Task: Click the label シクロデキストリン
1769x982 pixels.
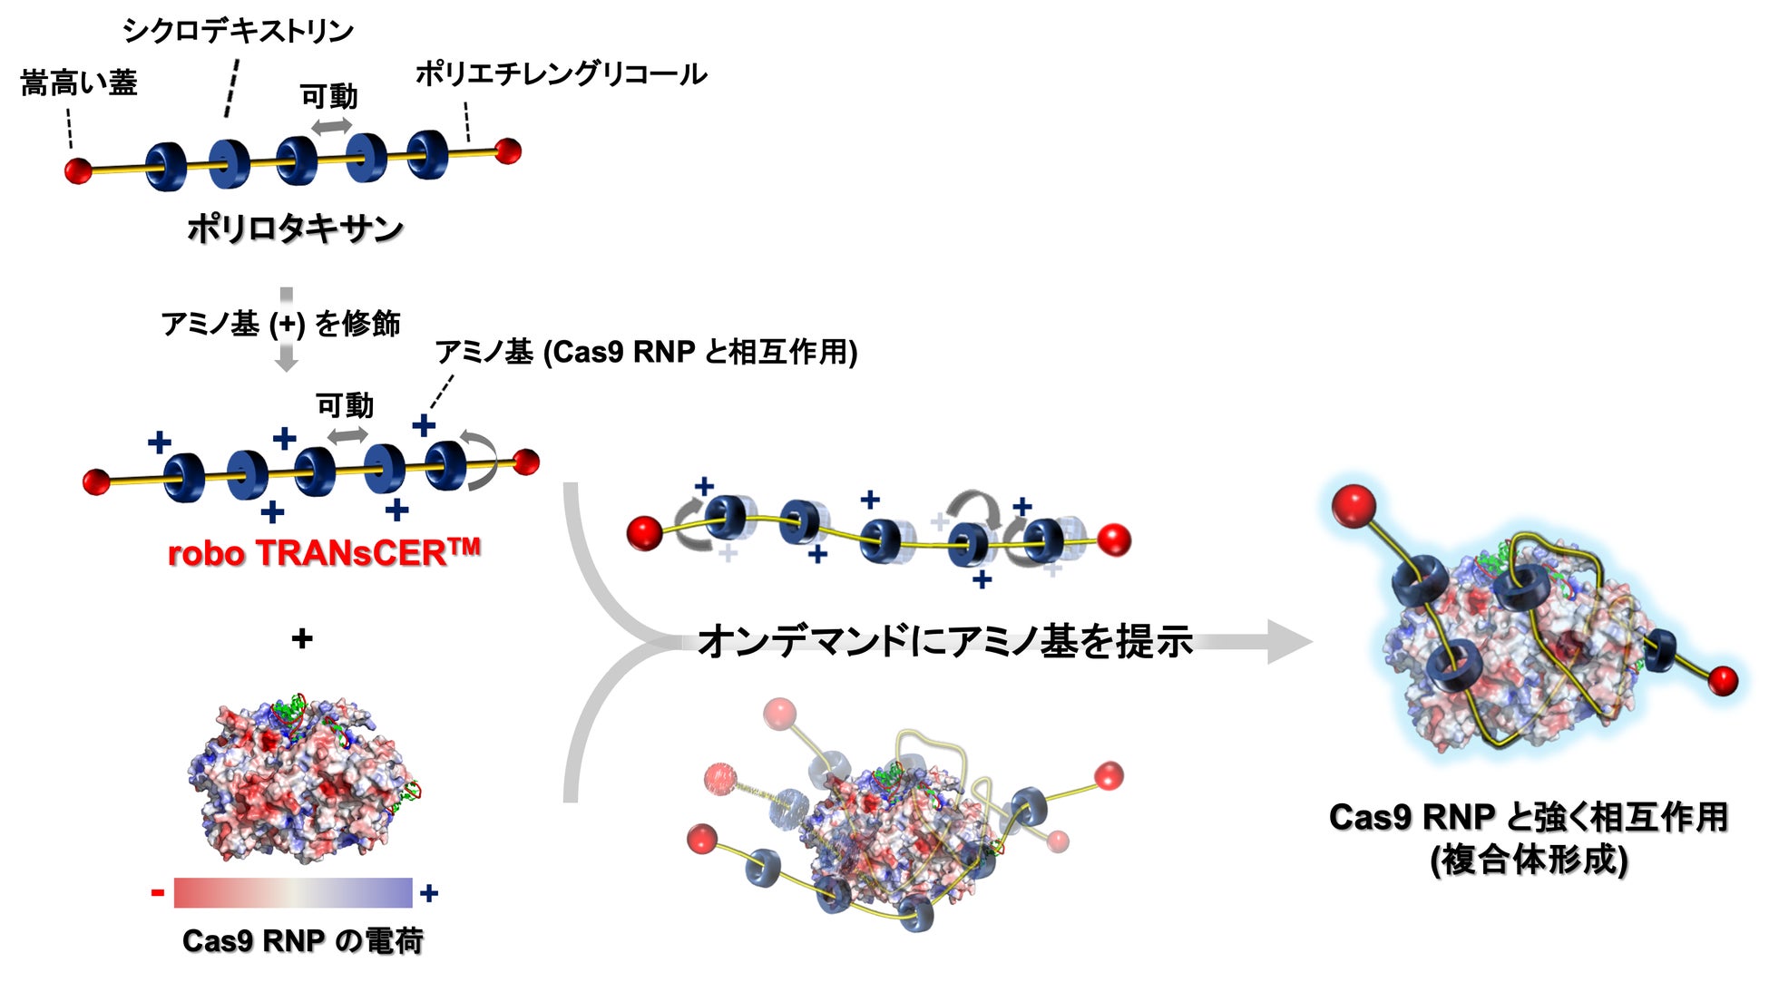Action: point(238,30)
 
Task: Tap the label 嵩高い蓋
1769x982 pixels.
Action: point(79,83)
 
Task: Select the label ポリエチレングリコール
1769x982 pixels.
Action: point(562,73)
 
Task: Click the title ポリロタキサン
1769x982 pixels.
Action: point(296,228)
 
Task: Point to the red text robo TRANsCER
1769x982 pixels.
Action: point(324,552)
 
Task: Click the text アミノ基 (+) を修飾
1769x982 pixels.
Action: point(280,324)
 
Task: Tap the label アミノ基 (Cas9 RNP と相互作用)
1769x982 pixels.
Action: point(646,352)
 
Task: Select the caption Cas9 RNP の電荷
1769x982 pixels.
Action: point(303,941)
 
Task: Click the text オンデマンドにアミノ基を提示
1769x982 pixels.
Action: point(946,641)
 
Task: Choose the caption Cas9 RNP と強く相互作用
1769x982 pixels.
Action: point(1529,817)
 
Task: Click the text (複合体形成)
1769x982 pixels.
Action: point(1529,859)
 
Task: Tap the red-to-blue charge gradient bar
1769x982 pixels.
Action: point(293,892)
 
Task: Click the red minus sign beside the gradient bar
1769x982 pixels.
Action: point(158,893)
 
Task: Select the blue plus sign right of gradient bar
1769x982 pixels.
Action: point(429,893)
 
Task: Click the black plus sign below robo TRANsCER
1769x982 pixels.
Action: point(302,639)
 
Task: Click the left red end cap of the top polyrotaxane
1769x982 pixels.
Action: point(79,170)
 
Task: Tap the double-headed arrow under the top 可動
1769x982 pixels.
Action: point(332,126)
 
